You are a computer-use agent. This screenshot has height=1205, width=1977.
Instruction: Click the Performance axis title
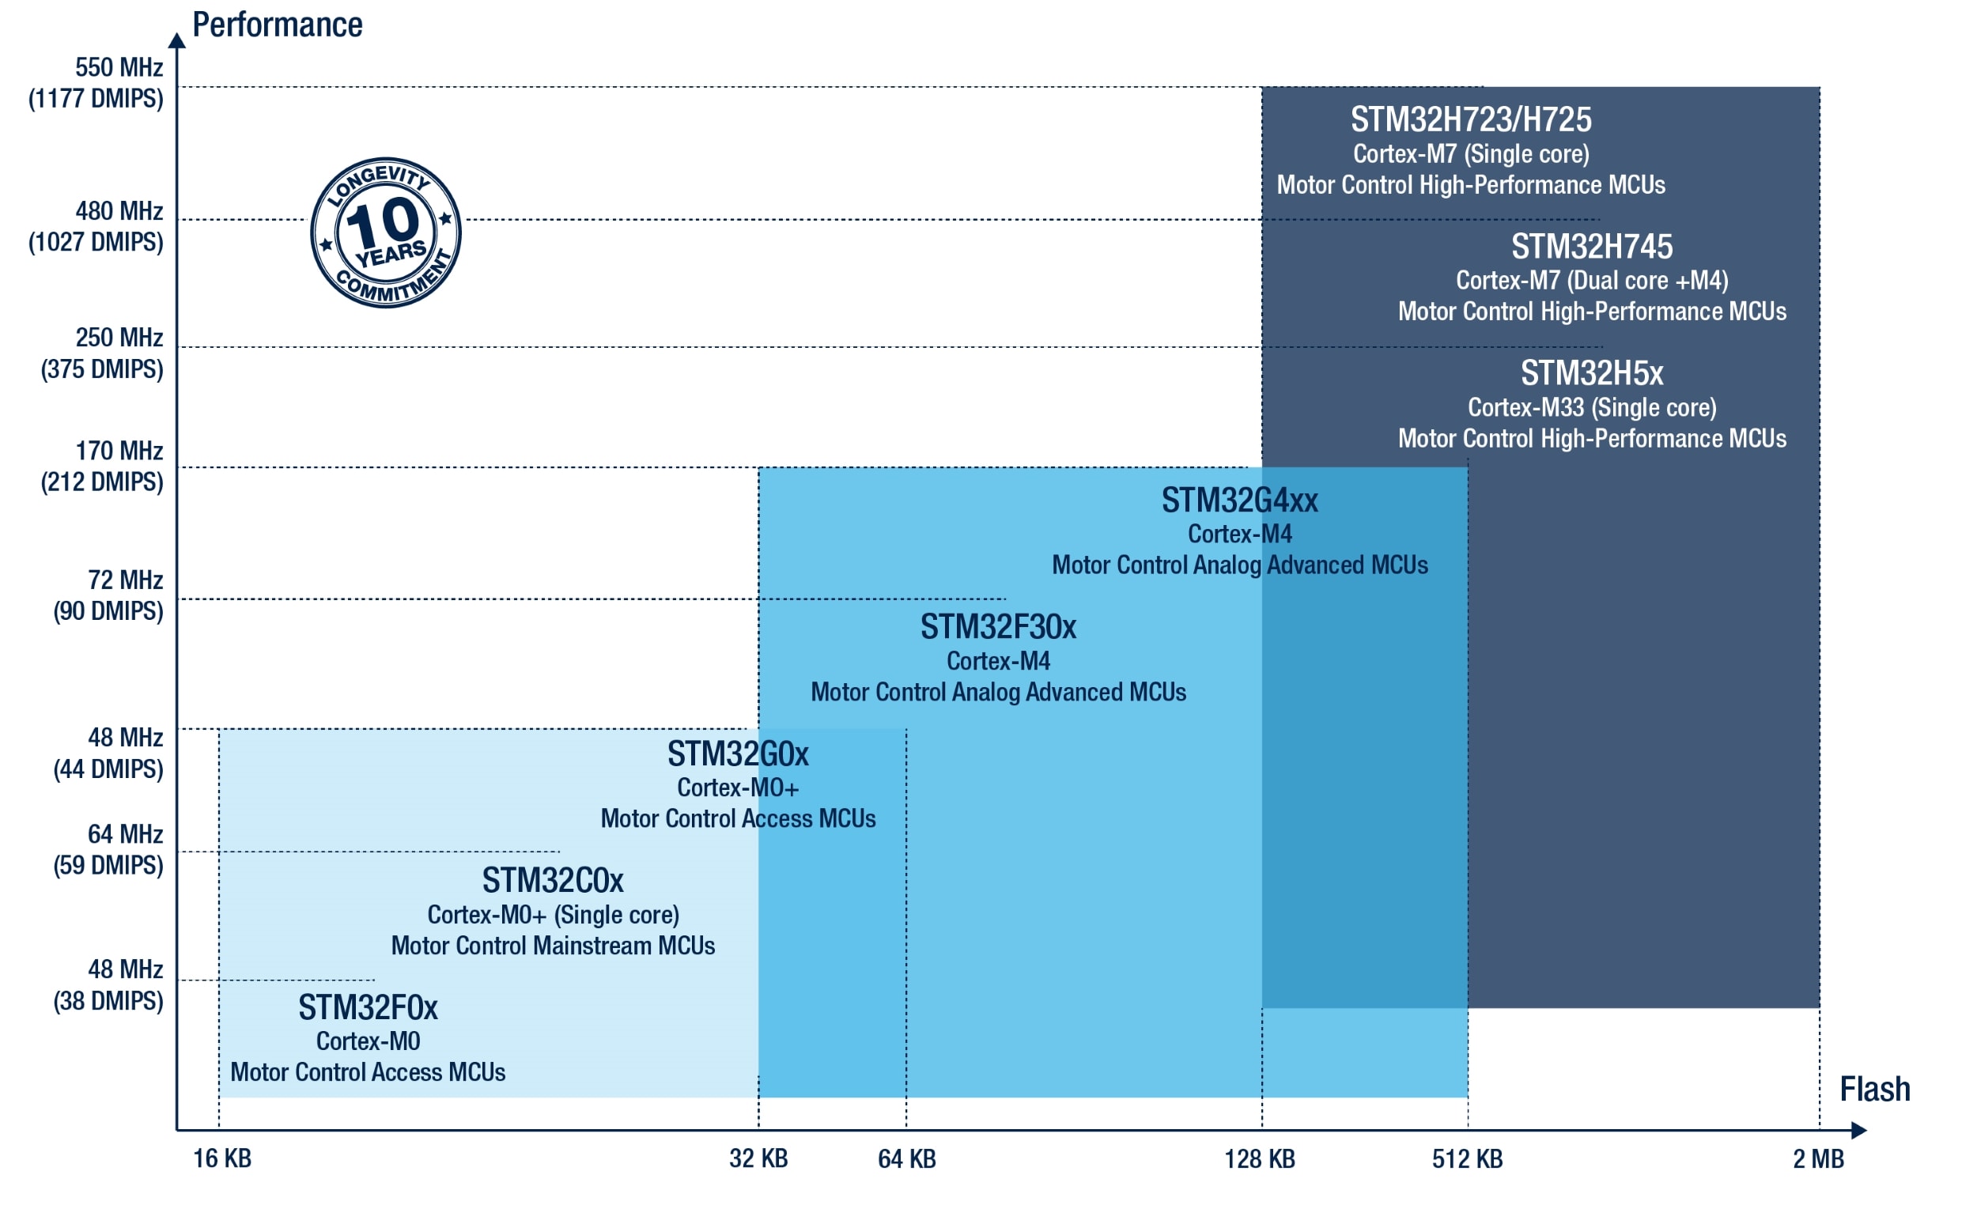pyautogui.click(x=277, y=25)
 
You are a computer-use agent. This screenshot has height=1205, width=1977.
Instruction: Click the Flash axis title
pyautogui.click(x=1874, y=1090)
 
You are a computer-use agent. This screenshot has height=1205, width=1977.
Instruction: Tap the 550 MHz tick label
pyautogui.click(x=119, y=67)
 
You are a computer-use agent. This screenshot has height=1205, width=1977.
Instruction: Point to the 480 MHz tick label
pyautogui.click(x=119, y=211)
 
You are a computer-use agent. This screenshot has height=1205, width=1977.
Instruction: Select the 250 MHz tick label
pyautogui.click(x=119, y=338)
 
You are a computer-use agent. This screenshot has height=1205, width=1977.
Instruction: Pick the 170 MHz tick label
pyautogui.click(x=119, y=451)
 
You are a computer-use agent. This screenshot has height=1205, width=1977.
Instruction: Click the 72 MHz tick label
pyautogui.click(x=125, y=580)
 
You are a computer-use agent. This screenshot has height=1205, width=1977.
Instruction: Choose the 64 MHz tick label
pyautogui.click(x=125, y=834)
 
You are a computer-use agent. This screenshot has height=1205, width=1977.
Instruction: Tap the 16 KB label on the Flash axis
pyautogui.click(x=222, y=1159)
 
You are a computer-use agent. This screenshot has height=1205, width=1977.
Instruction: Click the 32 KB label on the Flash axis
pyautogui.click(x=758, y=1159)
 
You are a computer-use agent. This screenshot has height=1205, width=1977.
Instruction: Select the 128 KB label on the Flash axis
pyautogui.click(x=1260, y=1159)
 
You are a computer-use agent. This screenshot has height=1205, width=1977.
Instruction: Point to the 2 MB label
pyautogui.click(x=1818, y=1159)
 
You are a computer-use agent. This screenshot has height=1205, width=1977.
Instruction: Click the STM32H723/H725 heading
pyautogui.click(x=1471, y=119)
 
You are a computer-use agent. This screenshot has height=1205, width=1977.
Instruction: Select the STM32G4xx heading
pyautogui.click(x=1240, y=501)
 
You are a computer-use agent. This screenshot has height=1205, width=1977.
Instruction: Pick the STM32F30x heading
pyautogui.click(x=998, y=627)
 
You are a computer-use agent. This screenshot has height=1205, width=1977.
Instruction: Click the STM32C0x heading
pyautogui.click(x=553, y=881)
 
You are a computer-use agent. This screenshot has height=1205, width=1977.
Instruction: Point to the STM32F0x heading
pyautogui.click(x=369, y=1007)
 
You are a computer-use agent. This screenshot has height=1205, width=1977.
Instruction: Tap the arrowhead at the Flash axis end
pyautogui.click(x=1860, y=1131)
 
